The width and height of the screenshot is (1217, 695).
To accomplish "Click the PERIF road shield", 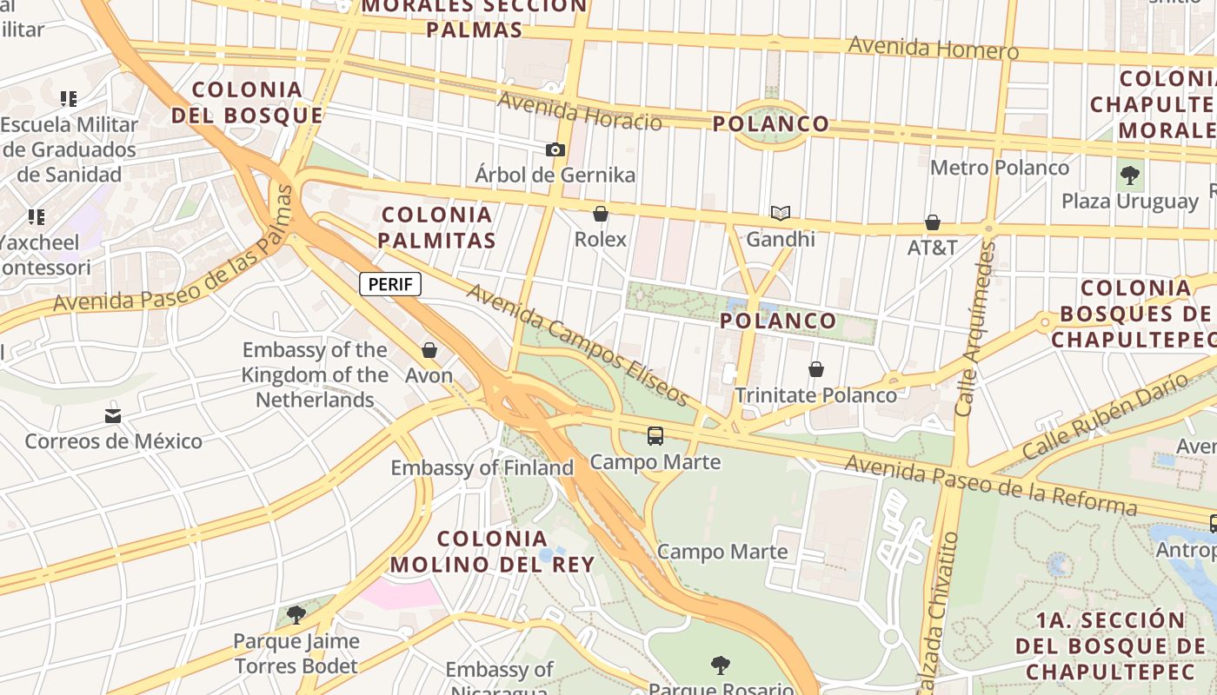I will pyautogui.click(x=390, y=284).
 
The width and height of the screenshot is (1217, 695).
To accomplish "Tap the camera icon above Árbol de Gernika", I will pyautogui.click(x=555, y=149).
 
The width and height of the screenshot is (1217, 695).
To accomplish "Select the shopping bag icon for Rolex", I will pyautogui.click(x=600, y=214).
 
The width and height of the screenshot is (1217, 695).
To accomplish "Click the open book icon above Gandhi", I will pyautogui.click(x=781, y=213).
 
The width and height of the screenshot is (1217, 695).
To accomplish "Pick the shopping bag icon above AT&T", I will pyautogui.click(x=933, y=222).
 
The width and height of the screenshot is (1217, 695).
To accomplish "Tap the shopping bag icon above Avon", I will pyautogui.click(x=429, y=350).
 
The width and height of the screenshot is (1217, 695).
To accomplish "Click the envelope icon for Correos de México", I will pyautogui.click(x=113, y=415).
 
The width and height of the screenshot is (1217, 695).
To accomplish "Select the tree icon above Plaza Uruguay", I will pyautogui.click(x=1129, y=175).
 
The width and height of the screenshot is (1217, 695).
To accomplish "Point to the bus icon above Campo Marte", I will pyautogui.click(x=655, y=436).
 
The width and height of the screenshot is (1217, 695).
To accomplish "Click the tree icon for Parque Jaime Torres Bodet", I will pyautogui.click(x=296, y=615).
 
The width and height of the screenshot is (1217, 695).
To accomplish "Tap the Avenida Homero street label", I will pyautogui.click(x=933, y=48).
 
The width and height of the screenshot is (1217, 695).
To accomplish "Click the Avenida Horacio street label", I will pyautogui.click(x=579, y=111).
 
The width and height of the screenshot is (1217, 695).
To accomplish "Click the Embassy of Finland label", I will pyautogui.click(x=482, y=467).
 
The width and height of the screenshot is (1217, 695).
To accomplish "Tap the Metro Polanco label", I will pyautogui.click(x=1000, y=167).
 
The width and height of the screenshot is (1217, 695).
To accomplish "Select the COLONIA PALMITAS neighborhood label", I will pyautogui.click(x=437, y=227).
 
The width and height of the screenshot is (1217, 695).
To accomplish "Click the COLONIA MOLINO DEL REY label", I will pyautogui.click(x=492, y=551).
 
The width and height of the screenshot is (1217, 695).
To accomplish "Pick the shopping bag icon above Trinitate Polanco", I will pyautogui.click(x=815, y=370).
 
